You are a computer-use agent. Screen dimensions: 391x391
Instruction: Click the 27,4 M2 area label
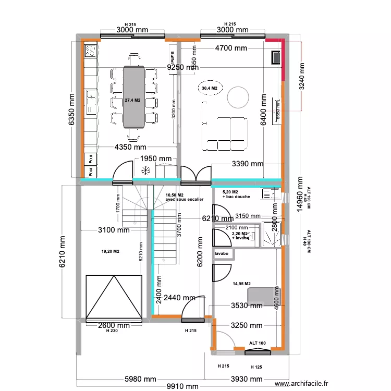[x=132, y=100]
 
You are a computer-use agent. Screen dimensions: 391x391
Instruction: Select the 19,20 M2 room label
[x=111, y=252]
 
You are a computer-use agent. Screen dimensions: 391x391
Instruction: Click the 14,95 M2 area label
[x=241, y=284]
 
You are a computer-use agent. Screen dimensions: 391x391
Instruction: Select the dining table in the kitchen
[x=133, y=97]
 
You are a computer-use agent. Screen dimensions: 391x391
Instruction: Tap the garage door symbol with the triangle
[x=114, y=298]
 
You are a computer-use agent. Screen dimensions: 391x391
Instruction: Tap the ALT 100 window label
[x=257, y=343]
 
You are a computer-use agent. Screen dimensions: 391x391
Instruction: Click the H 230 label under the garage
[x=111, y=331]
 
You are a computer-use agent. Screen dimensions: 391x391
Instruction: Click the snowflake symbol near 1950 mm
[x=145, y=169]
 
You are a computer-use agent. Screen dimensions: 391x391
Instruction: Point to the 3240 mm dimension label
[x=301, y=76]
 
